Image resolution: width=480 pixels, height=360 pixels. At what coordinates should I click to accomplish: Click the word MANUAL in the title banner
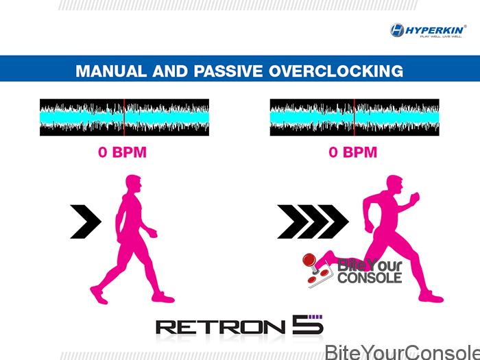click(x=111, y=71)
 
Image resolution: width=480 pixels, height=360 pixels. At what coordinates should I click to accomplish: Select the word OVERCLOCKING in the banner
click(x=336, y=71)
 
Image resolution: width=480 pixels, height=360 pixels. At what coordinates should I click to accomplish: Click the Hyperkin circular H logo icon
click(x=397, y=30)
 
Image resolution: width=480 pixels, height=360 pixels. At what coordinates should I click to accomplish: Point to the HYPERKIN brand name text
click(x=435, y=30)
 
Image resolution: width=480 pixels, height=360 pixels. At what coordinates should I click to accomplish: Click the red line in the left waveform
click(x=124, y=117)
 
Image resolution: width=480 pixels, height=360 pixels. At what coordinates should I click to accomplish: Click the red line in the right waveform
click(x=355, y=117)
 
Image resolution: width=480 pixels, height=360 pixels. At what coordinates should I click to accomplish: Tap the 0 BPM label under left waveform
click(x=123, y=152)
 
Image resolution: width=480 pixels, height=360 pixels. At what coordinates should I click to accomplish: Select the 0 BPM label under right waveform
click(x=352, y=152)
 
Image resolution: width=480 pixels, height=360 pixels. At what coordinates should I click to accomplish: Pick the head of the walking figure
click(x=134, y=184)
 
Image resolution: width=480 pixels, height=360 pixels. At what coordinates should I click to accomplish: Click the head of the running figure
click(x=394, y=184)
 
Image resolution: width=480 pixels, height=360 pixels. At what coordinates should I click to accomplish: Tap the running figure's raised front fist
click(x=415, y=197)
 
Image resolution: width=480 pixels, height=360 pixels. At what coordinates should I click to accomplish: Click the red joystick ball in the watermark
click(x=309, y=260)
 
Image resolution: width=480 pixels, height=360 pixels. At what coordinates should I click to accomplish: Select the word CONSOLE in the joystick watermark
click(x=370, y=278)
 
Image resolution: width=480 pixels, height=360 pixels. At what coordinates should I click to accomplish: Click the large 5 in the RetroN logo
click(x=307, y=324)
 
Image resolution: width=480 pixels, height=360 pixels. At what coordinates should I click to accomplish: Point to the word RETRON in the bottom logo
click(x=221, y=327)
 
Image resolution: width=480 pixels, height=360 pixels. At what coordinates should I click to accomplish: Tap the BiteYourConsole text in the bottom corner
click(x=403, y=352)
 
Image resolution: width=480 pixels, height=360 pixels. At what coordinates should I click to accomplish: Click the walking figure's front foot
click(x=163, y=297)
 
